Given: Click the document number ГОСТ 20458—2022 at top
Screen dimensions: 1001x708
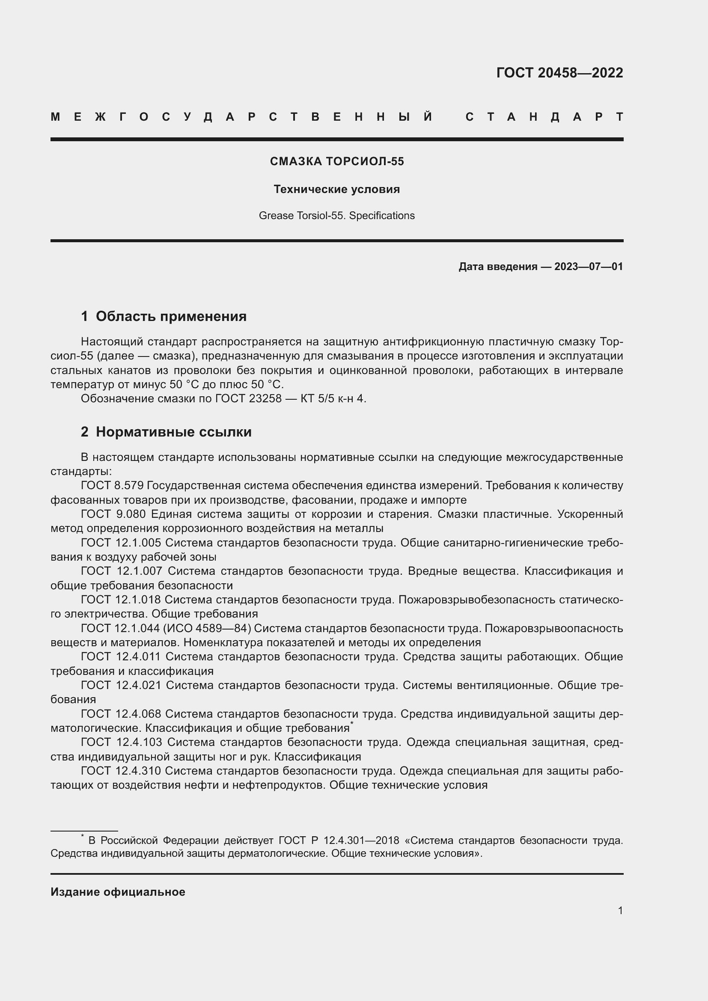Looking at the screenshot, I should coord(559,73).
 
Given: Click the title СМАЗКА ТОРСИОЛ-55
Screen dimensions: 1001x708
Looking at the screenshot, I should coord(336,162).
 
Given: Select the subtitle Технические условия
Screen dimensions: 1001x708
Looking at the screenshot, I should coord(336,189).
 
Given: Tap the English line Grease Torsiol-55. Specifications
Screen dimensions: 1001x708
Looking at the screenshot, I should coord(336,216).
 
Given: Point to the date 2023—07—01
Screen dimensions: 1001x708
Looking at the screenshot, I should coord(588,266).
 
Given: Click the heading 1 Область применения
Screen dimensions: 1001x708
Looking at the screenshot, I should coord(164,316).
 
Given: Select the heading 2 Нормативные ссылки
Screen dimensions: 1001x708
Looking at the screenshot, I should coord(166,432).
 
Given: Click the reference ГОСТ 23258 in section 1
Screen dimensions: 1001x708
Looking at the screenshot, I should coord(248,398).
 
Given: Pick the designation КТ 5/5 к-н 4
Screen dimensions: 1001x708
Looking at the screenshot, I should coord(333,398).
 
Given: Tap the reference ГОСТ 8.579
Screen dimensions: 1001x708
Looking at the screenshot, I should coord(112,485).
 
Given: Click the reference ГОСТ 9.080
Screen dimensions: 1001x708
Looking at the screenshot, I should coord(113,514).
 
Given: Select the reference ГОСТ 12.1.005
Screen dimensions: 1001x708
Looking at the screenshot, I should coord(121,543).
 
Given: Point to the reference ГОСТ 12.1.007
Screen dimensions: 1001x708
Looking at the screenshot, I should coord(121,571).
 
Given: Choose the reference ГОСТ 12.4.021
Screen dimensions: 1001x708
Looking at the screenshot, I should coord(121,685).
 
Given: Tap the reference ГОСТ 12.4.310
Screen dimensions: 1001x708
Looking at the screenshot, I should coord(121,771).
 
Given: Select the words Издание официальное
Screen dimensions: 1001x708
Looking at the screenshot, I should coord(118,891).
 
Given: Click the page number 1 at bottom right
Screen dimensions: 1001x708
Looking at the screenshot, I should coord(620,910).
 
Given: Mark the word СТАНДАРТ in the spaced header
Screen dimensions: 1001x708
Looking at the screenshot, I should coord(544,117).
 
